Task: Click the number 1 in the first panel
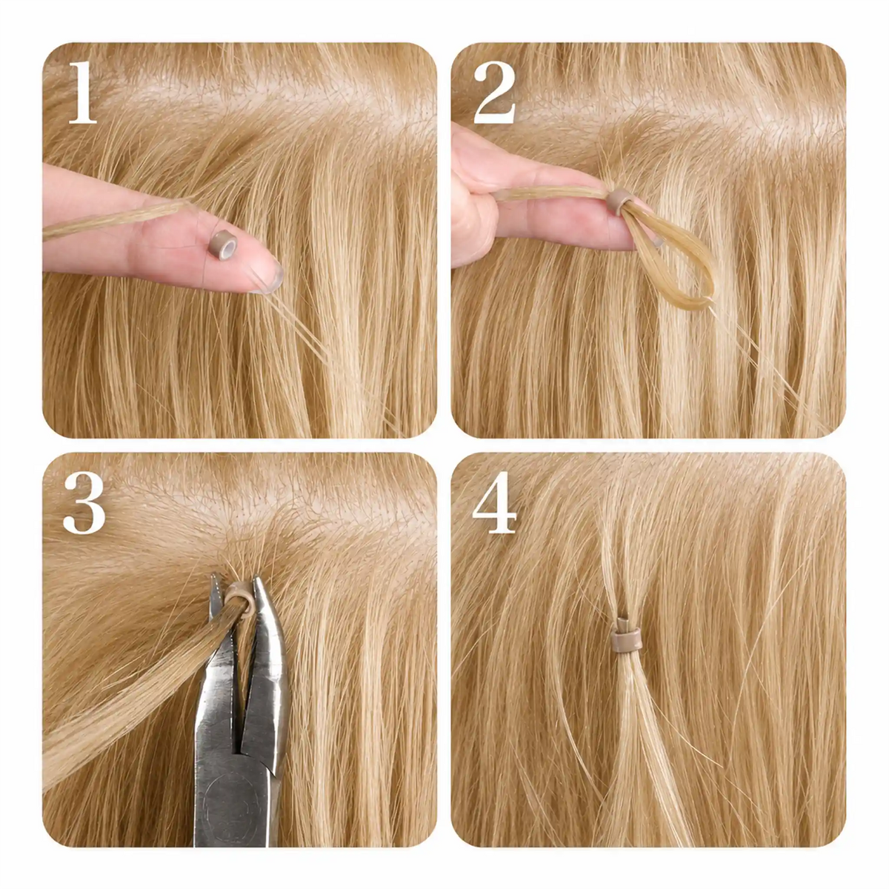(x=82, y=93)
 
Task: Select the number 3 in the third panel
(x=84, y=502)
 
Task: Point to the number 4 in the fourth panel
(x=495, y=502)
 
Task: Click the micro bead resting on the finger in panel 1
(x=222, y=245)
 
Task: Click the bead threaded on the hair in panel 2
(x=618, y=202)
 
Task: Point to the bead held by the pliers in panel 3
(x=240, y=597)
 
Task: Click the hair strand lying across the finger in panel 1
(x=116, y=219)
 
